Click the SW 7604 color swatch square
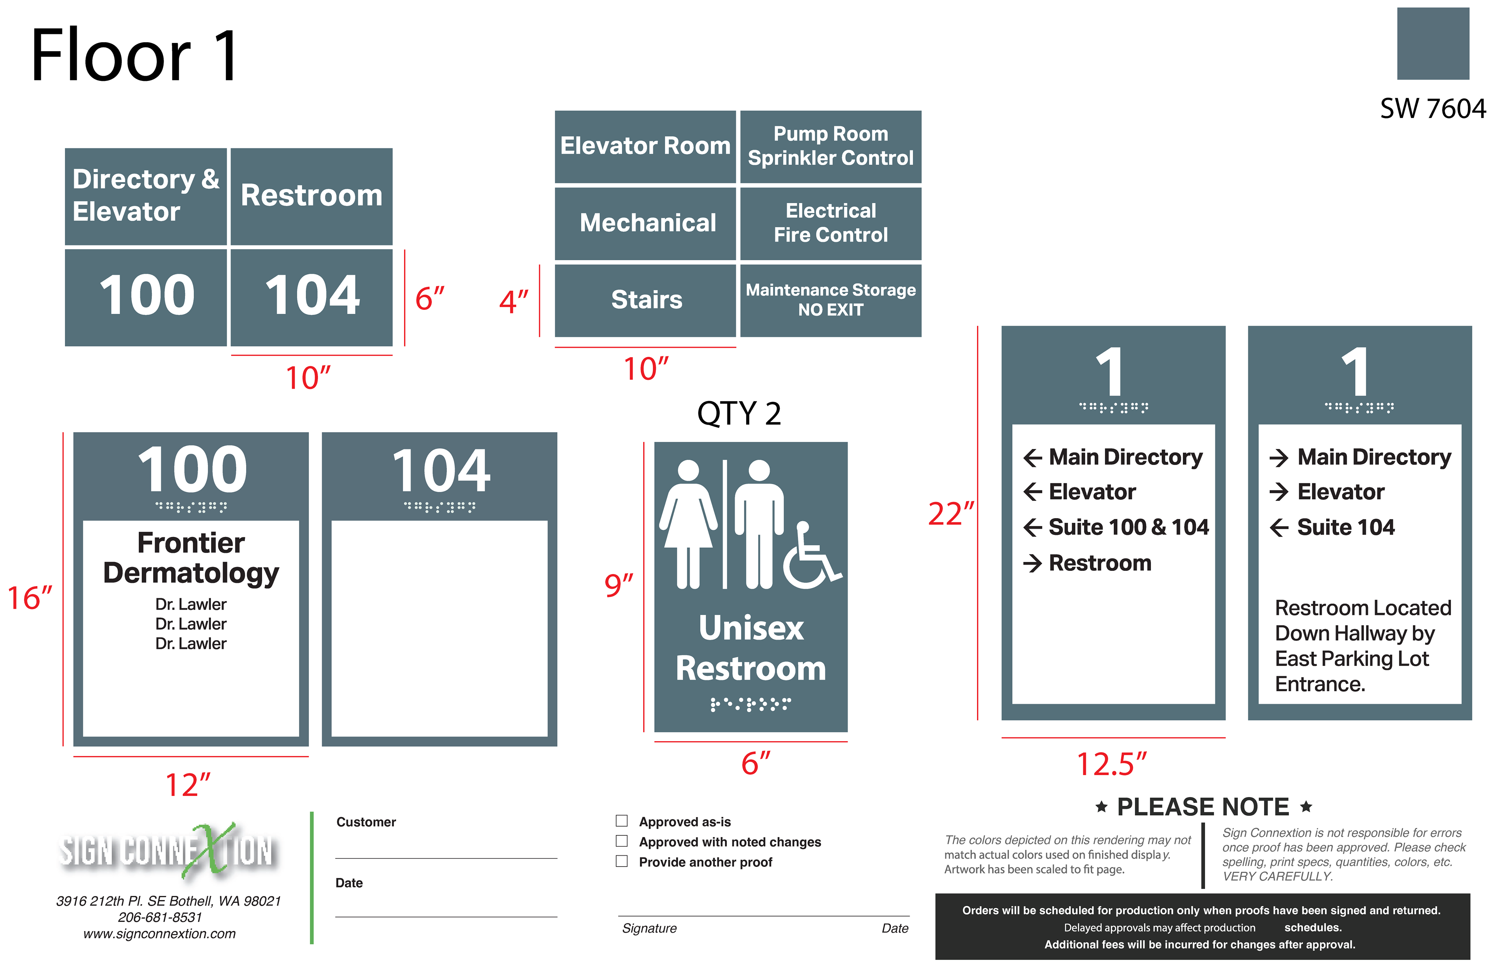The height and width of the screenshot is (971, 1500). click(1432, 43)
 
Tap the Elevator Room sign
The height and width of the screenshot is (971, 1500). click(645, 146)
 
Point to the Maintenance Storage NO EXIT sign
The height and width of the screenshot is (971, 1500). click(830, 300)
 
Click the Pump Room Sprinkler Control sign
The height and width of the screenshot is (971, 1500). click(830, 146)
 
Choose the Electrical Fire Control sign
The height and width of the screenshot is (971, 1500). click(830, 223)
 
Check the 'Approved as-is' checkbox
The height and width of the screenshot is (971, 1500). click(621, 821)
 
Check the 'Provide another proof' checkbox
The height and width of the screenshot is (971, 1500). click(621, 861)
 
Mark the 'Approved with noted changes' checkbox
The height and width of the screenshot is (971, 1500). click(621, 841)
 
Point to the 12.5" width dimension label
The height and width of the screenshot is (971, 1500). click(1111, 764)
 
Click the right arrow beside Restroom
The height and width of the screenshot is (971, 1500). click(1032, 563)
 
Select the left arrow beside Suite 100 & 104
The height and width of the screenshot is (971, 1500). click(1032, 527)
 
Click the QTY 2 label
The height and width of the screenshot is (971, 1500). click(739, 414)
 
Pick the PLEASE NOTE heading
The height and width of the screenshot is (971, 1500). click(1202, 807)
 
